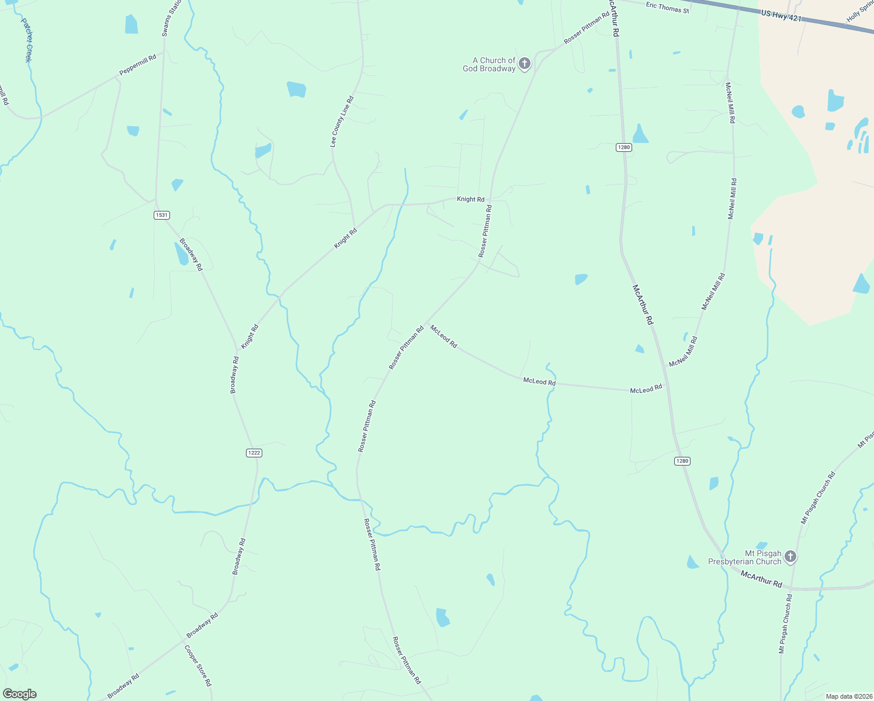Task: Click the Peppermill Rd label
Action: tap(138, 65)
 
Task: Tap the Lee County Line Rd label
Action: tap(342, 122)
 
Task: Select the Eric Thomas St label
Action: tap(667, 8)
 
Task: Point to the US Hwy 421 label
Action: tap(781, 16)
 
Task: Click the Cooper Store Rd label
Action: tap(198, 665)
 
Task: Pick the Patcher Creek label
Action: tap(26, 40)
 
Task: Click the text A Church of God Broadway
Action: tap(489, 64)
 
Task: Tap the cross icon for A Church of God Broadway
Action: tap(525, 63)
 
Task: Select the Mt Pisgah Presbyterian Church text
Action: tap(744, 557)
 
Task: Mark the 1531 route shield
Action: tap(162, 215)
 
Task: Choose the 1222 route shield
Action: tap(254, 453)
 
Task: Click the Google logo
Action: tap(19, 694)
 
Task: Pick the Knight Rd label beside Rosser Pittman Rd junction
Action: tap(470, 199)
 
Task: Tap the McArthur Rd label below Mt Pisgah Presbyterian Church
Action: tap(761, 579)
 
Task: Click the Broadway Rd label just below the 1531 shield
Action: tap(190, 254)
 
